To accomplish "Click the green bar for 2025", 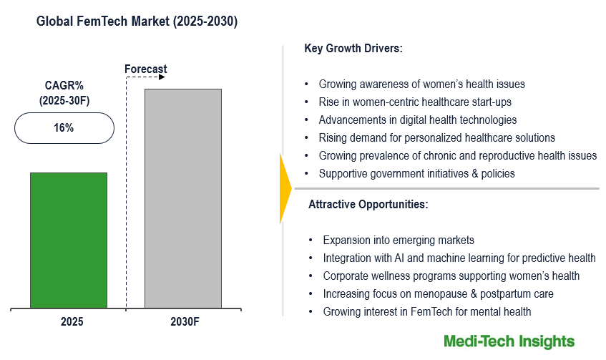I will click(x=68, y=240).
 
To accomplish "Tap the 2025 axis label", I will click(x=72, y=322).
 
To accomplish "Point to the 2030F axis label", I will click(x=184, y=322).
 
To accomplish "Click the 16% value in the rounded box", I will click(x=64, y=128).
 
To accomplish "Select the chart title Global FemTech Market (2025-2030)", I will click(x=137, y=22).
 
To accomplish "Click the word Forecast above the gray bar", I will click(x=145, y=69).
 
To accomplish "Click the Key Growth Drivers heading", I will click(x=353, y=49).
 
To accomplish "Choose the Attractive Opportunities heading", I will click(x=368, y=205).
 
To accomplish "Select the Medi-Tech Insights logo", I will click(x=509, y=341).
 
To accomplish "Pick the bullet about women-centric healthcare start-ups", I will click(x=415, y=102).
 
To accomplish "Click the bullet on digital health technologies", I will click(x=418, y=120).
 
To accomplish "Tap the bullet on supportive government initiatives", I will click(x=416, y=173).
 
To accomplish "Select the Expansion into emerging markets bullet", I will click(x=399, y=240).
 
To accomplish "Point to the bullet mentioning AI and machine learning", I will click(x=459, y=258).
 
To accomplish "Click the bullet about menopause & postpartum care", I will click(x=438, y=293).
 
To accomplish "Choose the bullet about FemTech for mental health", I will click(x=428, y=311).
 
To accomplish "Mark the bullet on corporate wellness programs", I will click(x=451, y=276).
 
